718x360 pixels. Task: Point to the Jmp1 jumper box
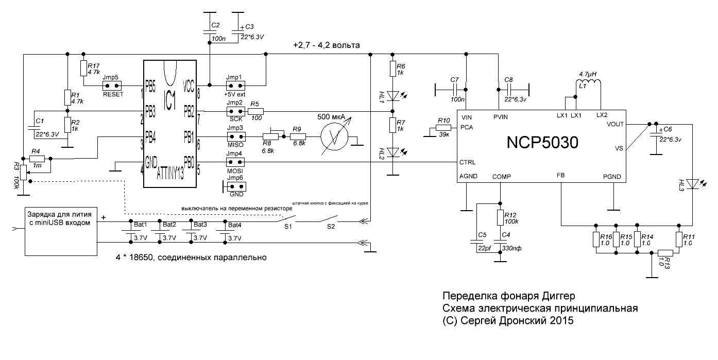pos(234,84)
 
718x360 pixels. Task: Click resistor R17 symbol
pos(84,68)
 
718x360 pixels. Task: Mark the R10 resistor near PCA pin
pos(443,127)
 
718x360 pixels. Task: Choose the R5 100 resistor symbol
pos(256,111)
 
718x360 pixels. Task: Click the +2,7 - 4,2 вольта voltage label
pos(326,45)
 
